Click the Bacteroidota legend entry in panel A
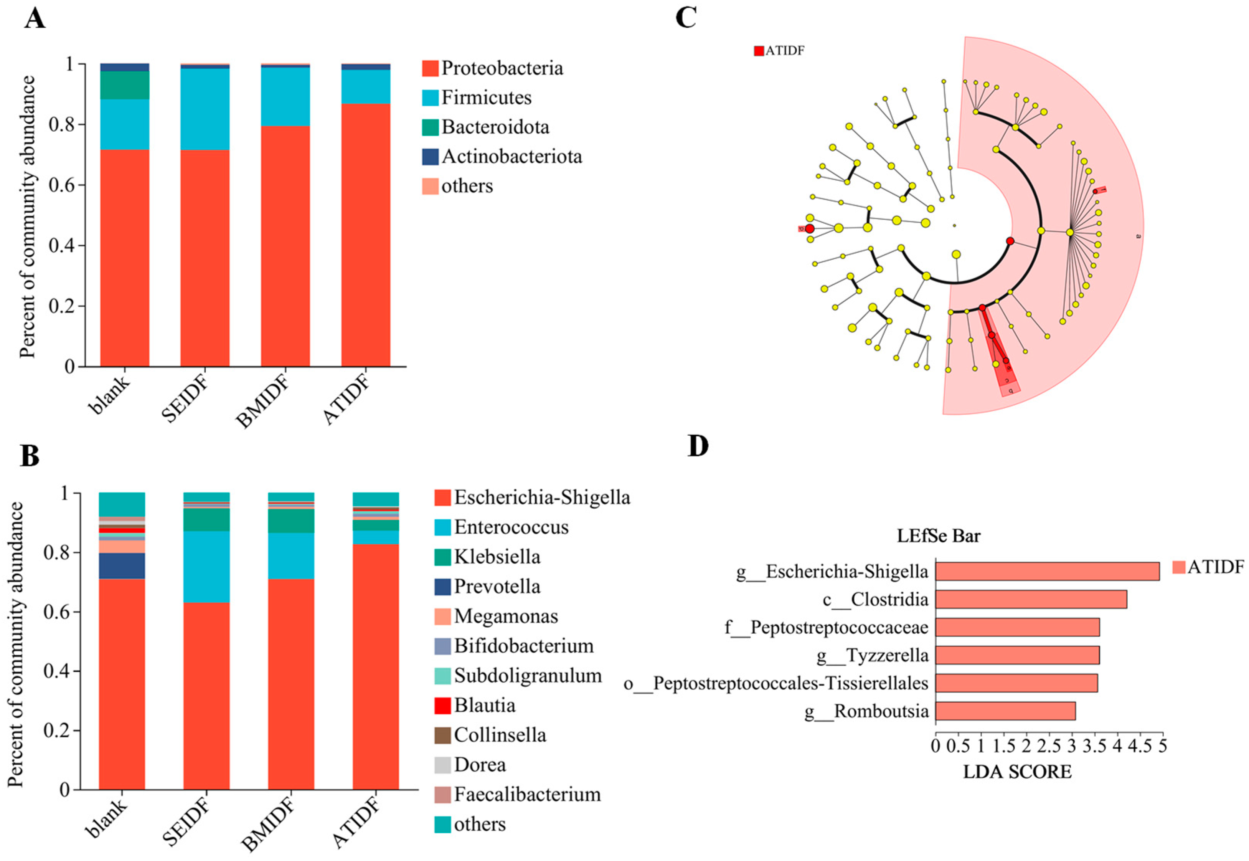tap(495, 127)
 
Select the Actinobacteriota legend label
tap(511, 157)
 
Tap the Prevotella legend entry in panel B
tap(496, 587)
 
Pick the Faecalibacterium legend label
tap(527, 794)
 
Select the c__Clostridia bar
tap(1031, 599)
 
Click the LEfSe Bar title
tap(938, 536)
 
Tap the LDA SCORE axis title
tap(1017, 772)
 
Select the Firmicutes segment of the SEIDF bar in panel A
tap(205, 109)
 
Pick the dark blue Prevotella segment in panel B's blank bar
tap(122, 566)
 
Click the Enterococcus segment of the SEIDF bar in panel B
tap(206, 567)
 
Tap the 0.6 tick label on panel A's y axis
tap(60, 185)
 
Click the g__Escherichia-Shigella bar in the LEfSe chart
tap(1047, 571)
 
